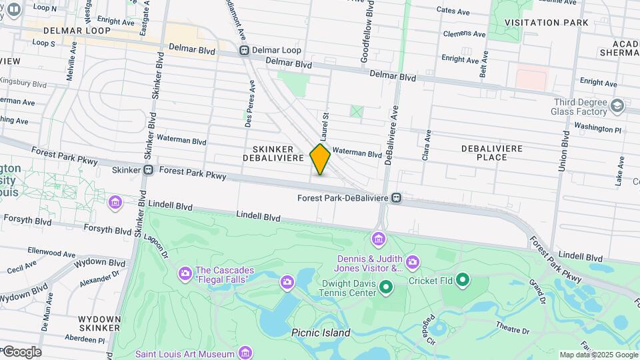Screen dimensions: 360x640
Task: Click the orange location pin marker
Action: pos(320,159)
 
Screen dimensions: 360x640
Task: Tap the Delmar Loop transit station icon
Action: pos(245,51)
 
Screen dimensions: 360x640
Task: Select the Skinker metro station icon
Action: pos(148,170)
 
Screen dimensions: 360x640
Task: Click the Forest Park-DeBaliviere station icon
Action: pos(397,197)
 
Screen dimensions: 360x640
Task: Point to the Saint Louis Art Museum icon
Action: pos(245,353)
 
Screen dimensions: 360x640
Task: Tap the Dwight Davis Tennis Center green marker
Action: pos(385,287)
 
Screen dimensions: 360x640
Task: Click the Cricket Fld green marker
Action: pos(461,281)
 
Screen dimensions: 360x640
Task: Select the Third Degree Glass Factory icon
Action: pos(617,106)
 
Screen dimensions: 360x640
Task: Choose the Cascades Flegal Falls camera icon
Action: pos(185,273)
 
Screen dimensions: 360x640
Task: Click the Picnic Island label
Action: pos(321,333)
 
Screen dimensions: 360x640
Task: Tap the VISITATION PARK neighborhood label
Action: pos(546,23)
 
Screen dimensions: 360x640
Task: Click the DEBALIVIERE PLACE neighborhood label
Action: pos(492,153)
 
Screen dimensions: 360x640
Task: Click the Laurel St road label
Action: pos(327,127)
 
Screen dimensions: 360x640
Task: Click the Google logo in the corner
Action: pos(22,352)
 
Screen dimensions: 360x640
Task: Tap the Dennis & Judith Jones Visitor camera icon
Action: pos(412,262)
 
